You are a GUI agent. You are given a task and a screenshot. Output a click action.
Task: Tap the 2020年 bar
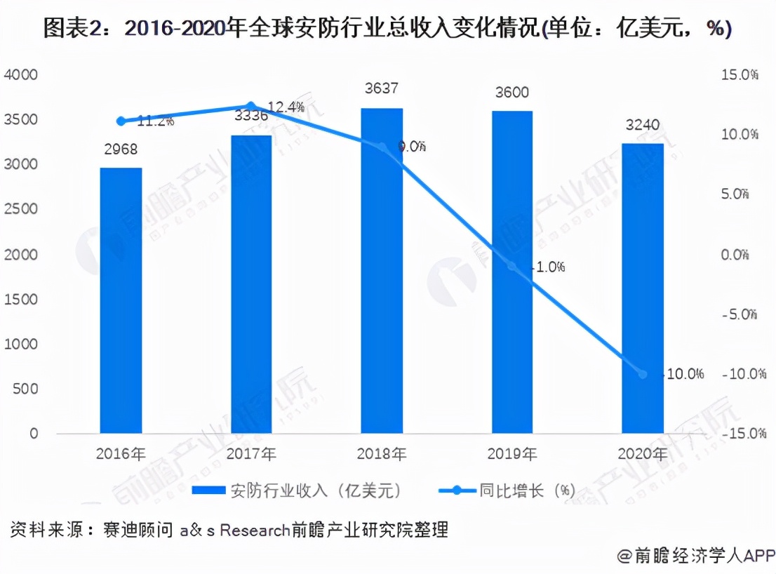643,288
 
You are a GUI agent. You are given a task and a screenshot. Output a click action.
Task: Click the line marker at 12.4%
252,107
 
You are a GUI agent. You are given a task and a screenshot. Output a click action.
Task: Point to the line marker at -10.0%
643,374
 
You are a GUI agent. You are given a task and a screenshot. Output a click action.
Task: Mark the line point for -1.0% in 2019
512,267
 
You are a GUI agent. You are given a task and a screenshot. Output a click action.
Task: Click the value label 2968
121,149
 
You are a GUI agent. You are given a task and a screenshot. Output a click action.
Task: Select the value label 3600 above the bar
511,93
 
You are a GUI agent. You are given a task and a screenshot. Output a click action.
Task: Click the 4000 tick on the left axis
24,74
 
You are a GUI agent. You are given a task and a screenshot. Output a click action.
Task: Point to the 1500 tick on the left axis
24,300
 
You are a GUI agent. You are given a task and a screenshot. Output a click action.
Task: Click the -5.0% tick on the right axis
740,314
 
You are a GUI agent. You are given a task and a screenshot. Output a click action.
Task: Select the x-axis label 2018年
382,454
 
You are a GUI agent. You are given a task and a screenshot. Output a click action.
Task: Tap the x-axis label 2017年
252,454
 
